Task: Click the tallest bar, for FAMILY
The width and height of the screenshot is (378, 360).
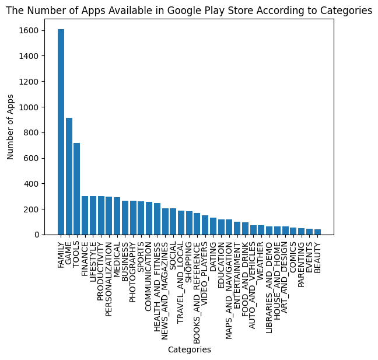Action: [x=61, y=132]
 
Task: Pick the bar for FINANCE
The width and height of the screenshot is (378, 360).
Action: [x=85, y=215]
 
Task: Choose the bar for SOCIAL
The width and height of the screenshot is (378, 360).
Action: [x=173, y=221]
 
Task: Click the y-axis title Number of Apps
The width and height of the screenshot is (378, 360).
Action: [x=10, y=127]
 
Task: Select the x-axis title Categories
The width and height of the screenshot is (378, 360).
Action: [x=189, y=349]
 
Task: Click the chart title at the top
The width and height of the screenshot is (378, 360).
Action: [x=189, y=11]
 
